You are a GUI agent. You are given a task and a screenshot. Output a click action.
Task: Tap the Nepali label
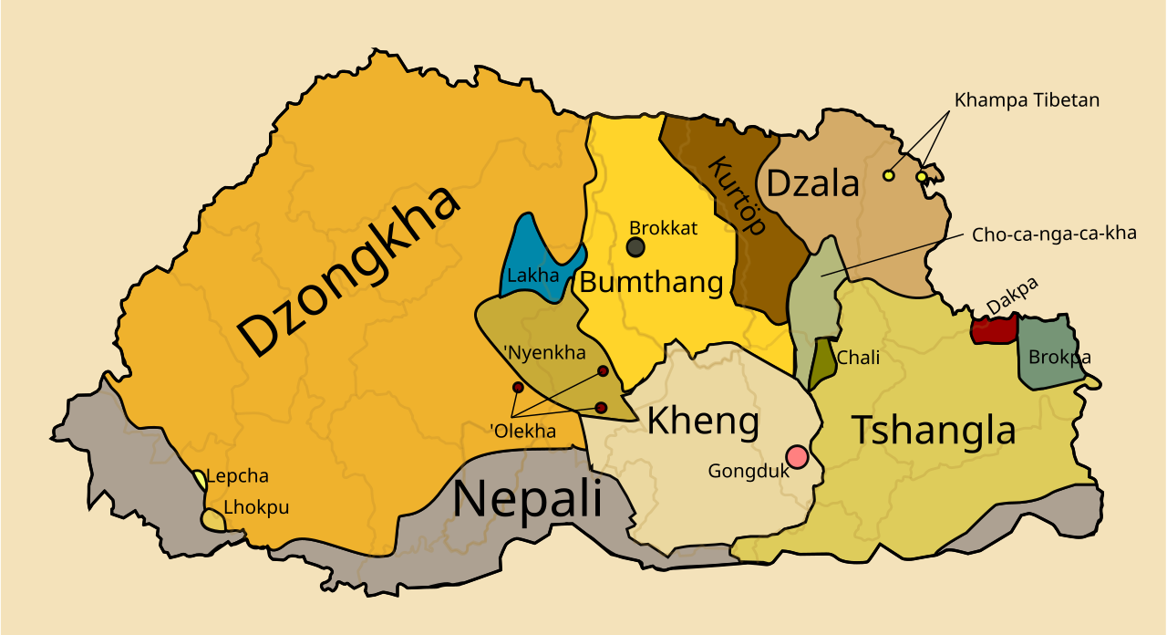pyautogui.click(x=527, y=500)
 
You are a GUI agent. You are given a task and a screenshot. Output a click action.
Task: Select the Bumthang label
pyautogui.click(x=651, y=282)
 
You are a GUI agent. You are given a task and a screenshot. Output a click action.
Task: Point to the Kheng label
pyautogui.click(x=702, y=422)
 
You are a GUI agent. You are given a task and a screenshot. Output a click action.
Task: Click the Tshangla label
pyautogui.click(x=934, y=430)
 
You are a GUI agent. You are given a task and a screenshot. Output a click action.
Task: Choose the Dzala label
pyautogui.click(x=812, y=184)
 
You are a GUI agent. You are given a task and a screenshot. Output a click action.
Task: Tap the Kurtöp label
pyautogui.click(x=737, y=195)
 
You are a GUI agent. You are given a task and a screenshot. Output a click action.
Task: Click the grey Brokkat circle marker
pyautogui.click(x=635, y=247)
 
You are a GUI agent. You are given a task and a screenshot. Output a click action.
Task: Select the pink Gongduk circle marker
pyautogui.click(x=797, y=456)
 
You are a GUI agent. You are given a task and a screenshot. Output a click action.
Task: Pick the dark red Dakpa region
pyautogui.click(x=993, y=330)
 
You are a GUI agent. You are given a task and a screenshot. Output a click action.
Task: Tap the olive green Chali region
pyautogui.click(x=823, y=360)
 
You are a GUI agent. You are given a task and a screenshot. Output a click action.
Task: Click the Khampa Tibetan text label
pyautogui.click(x=1027, y=100)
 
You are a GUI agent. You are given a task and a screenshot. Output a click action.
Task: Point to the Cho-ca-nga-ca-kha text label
pyautogui.click(x=1054, y=234)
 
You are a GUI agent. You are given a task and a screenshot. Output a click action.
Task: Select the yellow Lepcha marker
pyautogui.click(x=200, y=478)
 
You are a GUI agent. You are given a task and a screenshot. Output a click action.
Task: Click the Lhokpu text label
pyautogui.click(x=256, y=507)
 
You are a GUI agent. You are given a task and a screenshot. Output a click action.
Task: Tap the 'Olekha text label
pyautogui.click(x=522, y=432)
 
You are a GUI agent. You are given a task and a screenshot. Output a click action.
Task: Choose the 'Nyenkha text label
pyautogui.click(x=544, y=352)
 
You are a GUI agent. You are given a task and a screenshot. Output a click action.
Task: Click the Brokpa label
pyautogui.click(x=1059, y=357)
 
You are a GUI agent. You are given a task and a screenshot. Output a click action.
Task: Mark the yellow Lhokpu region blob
pyautogui.click(x=213, y=520)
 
